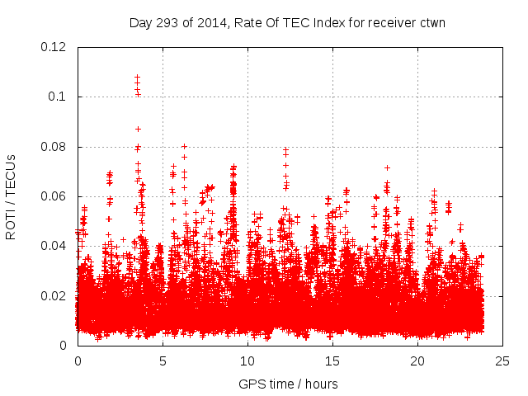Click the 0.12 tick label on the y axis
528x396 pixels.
click(x=54, y=47)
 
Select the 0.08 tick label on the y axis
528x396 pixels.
click(x=54, y=147)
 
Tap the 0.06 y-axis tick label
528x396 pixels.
click(x=54, y=196)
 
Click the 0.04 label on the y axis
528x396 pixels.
click(x=54, y=246)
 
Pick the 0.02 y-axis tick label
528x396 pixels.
click(x=54, y=295)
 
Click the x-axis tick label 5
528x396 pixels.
click(x=163, y=361)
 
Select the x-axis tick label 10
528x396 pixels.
click(x=247, y=361)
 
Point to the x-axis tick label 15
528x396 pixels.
click(x=332, y=361)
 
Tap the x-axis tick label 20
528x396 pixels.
click(x=417, y=361)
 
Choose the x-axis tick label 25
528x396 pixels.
click(x=502, y=361)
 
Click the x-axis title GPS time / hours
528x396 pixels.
click(x=288, y=384)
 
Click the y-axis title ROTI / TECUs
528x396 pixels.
click(x=12, y=196)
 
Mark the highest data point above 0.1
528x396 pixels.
click(x=137, y=77)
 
